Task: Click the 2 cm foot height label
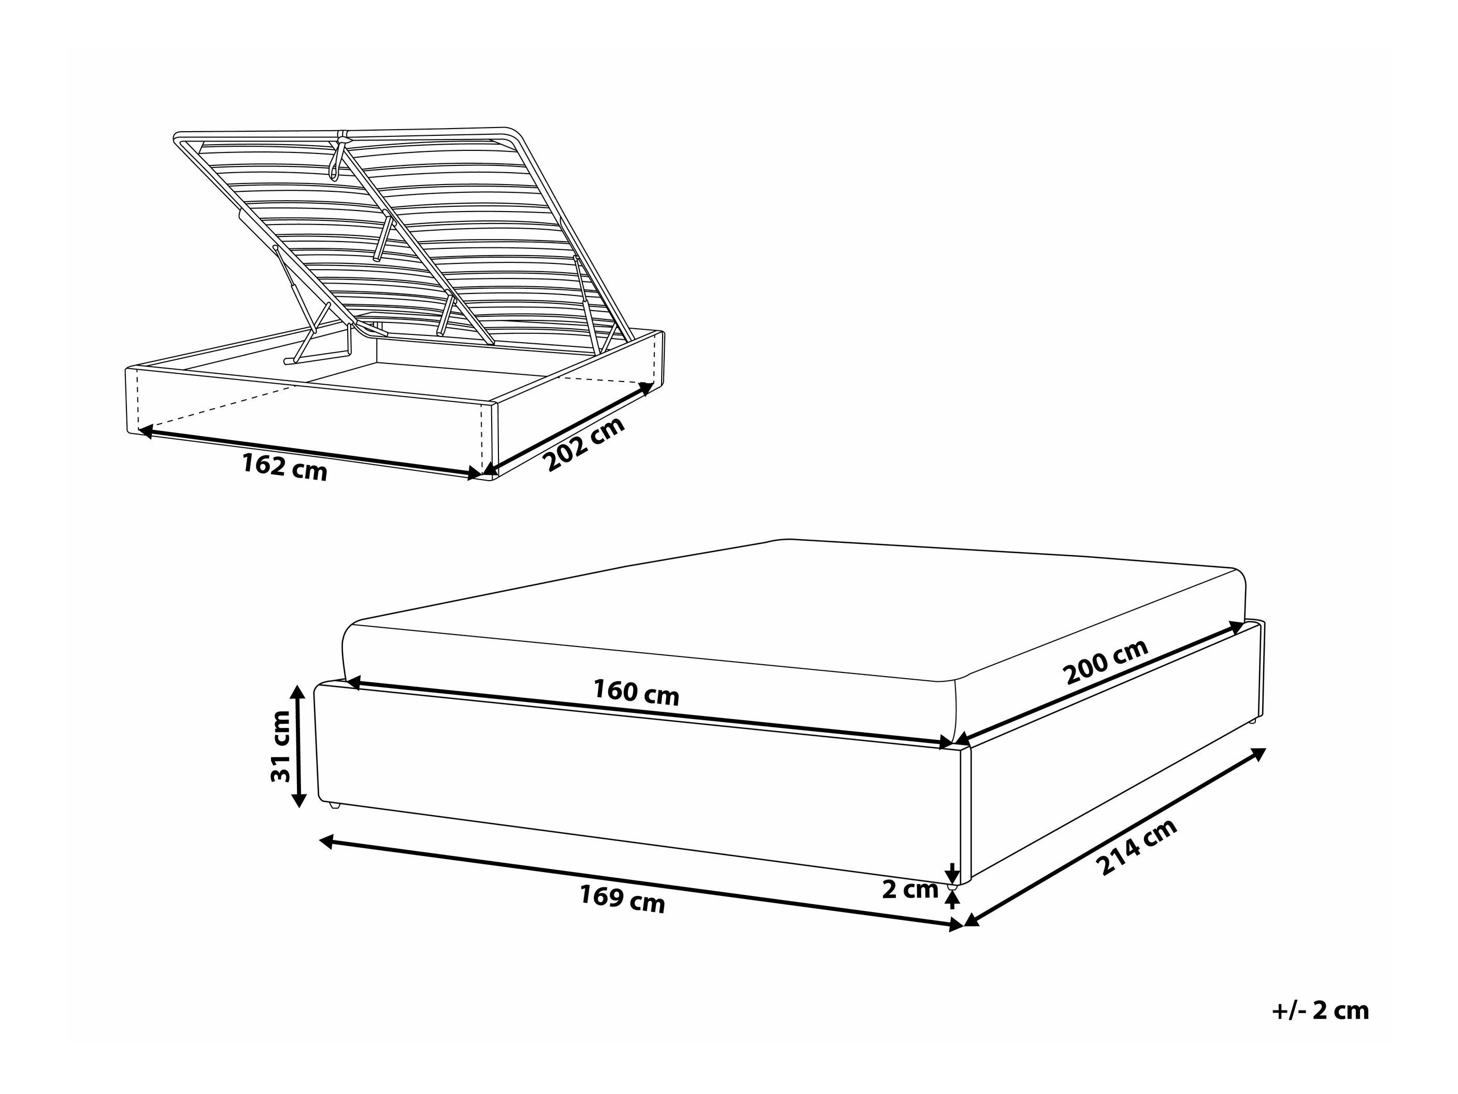tap(910, 890)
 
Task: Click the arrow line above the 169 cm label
tap(641, 883)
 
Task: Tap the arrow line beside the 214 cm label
tap(1114, 837)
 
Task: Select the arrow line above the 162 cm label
tap(310, 452)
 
